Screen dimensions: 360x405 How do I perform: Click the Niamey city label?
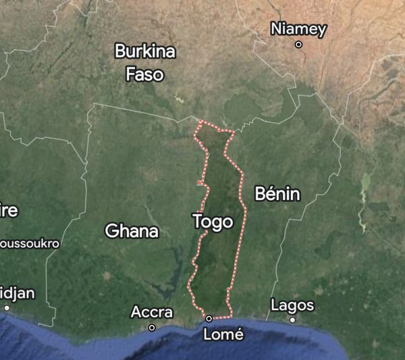[298, 29]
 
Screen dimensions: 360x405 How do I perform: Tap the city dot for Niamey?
[298, 45]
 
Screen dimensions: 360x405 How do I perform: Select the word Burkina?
[144, 51]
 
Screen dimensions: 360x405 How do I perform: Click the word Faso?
[144, 73]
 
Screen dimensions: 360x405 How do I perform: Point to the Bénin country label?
[277, 195]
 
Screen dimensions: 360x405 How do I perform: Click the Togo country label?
[213, 222]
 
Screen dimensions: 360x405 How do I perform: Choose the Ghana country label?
[132, 231]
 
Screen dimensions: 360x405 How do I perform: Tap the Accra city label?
[151, 313]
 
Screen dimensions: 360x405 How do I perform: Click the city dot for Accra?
[152, 328]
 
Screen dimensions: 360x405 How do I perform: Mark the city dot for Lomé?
[209, 318]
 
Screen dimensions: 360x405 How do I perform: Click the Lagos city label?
[292, 305]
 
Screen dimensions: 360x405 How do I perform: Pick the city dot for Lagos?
[292, 319]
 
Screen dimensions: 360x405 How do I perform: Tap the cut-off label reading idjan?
[17, 293]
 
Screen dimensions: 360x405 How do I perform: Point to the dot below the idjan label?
[7, 308]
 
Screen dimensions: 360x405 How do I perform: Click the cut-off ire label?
[9, 211]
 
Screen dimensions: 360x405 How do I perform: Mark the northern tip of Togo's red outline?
[200, 122]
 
